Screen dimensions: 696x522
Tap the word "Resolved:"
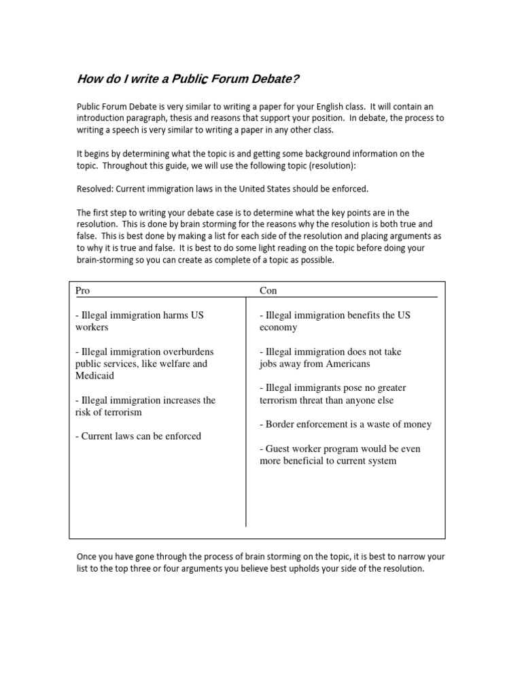99,188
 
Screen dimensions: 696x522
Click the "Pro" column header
82,290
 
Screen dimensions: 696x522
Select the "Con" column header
268,290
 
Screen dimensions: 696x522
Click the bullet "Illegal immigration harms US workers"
139,321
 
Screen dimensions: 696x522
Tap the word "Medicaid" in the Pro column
94,375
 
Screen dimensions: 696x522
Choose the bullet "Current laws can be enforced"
138,436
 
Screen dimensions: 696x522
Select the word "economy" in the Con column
279,327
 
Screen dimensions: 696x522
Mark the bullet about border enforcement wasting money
345,424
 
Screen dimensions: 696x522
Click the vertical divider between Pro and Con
245,408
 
